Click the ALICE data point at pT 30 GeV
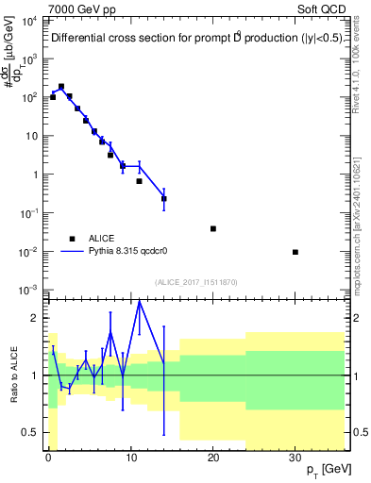tap(295, 252)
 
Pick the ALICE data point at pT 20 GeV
tap(213, 228)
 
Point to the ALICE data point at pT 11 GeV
tap(139, 180)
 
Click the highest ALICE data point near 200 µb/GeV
tap(61, 86)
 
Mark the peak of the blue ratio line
tap(139, 301)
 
